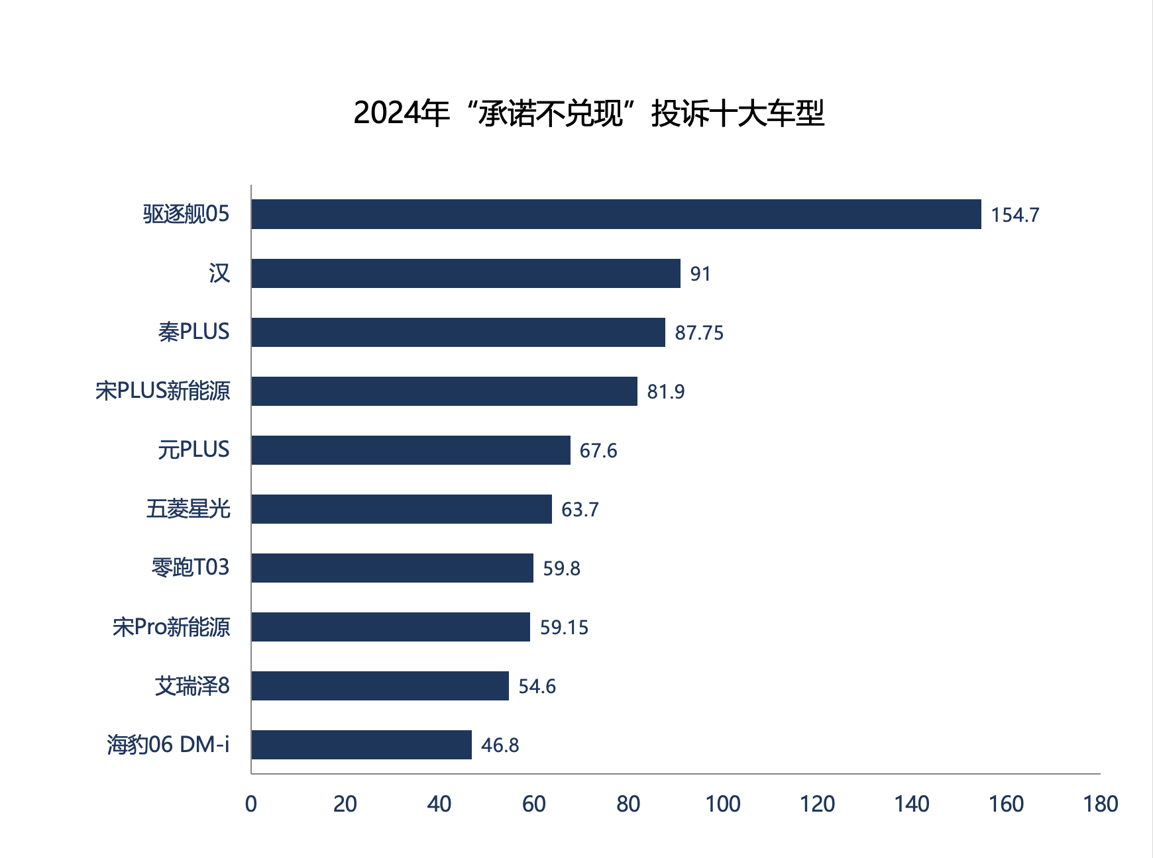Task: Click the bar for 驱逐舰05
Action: pos(616,215)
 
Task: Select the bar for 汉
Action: pos(466,273)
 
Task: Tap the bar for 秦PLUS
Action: pos(458,332)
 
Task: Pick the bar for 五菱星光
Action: pos(402,509)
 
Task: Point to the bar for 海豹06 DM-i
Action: pos(361,745)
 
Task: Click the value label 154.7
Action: pos(1015,215)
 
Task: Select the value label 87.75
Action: pos(699,333)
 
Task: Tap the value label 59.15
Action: pos(564,628)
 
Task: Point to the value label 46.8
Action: pos(500,745)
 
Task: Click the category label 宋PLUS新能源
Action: pos(163,391)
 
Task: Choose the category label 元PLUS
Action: pos(193,450)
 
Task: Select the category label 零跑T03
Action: pos(191,567)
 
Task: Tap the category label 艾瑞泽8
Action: pos(192,686)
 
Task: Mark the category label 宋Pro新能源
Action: pos(172,627)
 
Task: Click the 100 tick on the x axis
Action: pos(723,804)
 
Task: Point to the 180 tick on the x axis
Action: pos(1101,804)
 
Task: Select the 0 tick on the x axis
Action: pos(251,804)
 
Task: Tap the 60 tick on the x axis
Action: pos(534,804)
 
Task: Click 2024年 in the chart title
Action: pos(402,113)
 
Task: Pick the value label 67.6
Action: pos(598,451)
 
